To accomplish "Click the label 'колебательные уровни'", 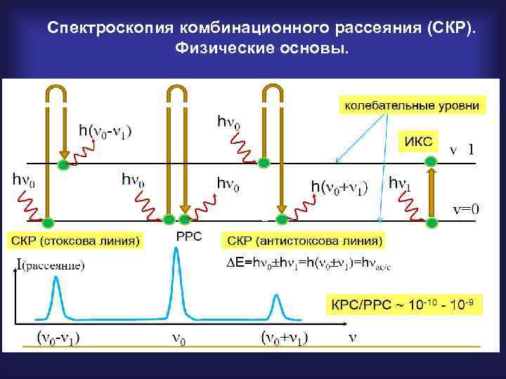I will [412, 105].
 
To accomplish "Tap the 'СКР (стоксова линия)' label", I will [74, 241].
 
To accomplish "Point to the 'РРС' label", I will [188, 237].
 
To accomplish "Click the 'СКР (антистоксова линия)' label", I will [304, 241].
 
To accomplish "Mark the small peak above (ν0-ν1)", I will [56, 284].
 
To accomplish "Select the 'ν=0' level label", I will [465, 208].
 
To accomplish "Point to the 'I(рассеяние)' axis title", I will [49, 265].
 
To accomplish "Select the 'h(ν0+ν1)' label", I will [339, 187].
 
